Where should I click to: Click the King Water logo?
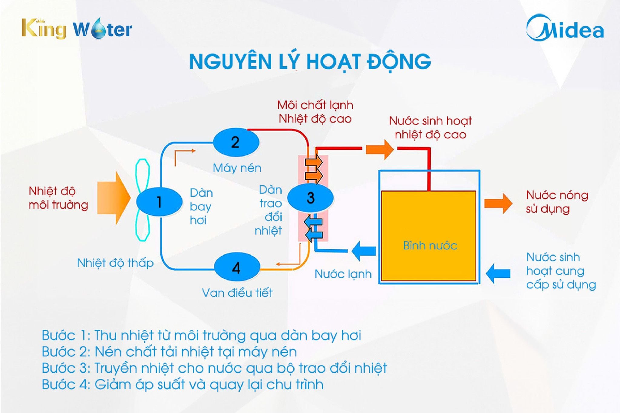coord(77,29)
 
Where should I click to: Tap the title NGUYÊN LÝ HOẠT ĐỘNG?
coord(310,61)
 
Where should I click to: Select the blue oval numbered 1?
coord(159,202)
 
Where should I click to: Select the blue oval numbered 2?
coord(236,142)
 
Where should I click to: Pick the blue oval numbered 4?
coord(237,267)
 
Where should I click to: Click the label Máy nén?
coord(237,168)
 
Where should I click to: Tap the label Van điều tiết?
coord(237,293)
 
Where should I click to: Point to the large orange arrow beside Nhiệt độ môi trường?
coord(114,198)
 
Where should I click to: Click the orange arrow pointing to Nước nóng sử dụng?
coord(498,203)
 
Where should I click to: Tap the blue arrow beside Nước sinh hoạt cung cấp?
coord(498,273)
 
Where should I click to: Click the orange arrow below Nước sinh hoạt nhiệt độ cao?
coord(380,149)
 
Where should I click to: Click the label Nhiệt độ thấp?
coord(115,263)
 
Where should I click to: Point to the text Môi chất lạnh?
coord(315,105)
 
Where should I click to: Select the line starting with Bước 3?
coord(214,368)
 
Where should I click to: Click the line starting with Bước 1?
coord(201,336)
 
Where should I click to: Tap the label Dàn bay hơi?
coord(201,206)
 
